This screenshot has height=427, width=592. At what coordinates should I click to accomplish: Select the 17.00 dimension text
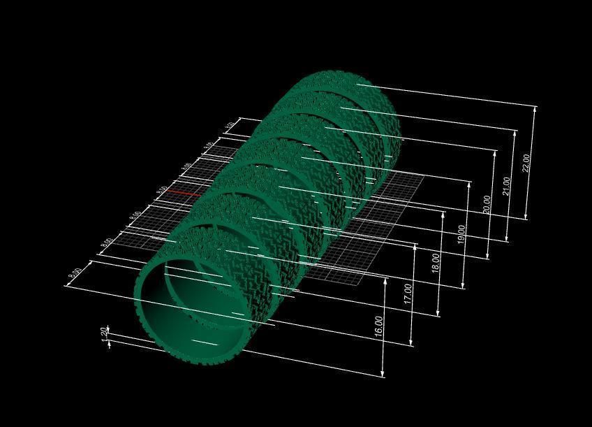pyautogui.click(x=408, y=294)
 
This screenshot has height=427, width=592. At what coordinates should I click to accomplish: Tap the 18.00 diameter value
pyautogui.click(x=436, y=262)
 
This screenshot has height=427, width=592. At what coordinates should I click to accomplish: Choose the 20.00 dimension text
pyautogui.click(x=487, y=204)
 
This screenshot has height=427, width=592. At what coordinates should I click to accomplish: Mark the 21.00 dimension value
pyautogui.click(x=508, y=187)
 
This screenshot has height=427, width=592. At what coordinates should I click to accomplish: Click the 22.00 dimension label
pyautogui.click(x=527, y=162)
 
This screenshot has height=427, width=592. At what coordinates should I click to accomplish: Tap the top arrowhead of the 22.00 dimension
pyautogui.click(x=535, y=108)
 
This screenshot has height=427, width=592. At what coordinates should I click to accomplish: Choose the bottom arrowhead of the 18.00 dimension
pyautogui.click(x=438, y=314)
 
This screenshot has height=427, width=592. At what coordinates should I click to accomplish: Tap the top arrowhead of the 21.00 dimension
pyautogui.click(x=516, y=131)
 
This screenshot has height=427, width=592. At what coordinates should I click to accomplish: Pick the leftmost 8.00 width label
pyautogui.click(x=75, y=275)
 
